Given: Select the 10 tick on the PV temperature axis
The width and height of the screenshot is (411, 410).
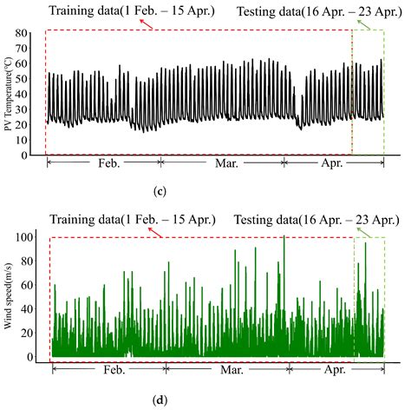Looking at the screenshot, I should coord(34,140).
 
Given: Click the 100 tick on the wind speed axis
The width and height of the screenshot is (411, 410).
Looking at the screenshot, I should coord(30,236).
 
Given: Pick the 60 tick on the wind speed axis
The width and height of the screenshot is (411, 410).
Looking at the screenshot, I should coord(33,285).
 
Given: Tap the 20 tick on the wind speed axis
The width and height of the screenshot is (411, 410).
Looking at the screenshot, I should coord(33,333).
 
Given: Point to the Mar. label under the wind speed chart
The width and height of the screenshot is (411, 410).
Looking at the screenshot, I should coord(230,370).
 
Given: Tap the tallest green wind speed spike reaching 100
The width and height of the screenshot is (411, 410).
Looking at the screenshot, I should coord(284,238).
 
